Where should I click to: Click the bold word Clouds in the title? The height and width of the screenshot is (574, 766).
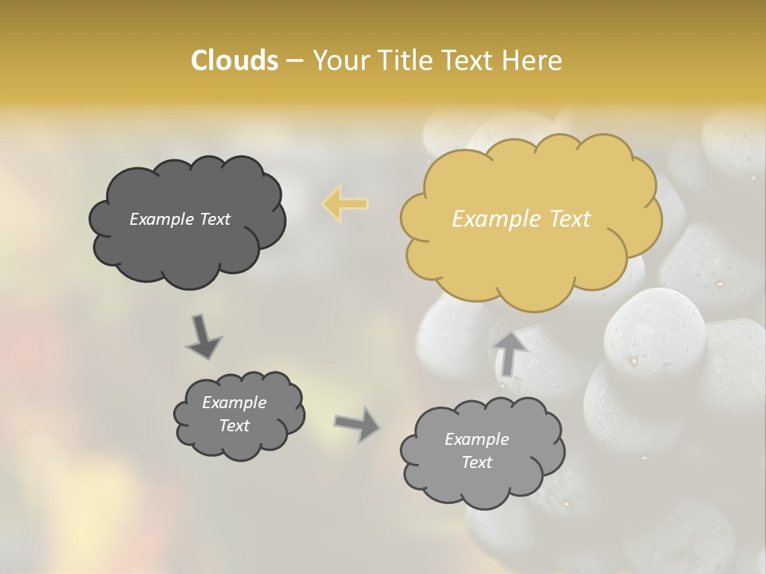tap(234, 61)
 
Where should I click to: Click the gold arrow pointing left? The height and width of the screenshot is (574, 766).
tap(345, 204)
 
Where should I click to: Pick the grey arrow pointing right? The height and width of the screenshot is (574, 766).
tap(357, 423)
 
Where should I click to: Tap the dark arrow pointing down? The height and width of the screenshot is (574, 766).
tap(203, 338)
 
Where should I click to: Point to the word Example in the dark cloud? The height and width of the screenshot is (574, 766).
tap(161, 219)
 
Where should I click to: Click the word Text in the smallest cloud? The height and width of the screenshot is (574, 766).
tap(235, 426)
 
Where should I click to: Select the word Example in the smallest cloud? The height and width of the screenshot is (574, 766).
tap(235, 403)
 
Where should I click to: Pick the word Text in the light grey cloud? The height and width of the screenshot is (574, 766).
tap(477, 462)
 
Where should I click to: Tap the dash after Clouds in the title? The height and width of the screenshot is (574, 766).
tap(294, 61)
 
